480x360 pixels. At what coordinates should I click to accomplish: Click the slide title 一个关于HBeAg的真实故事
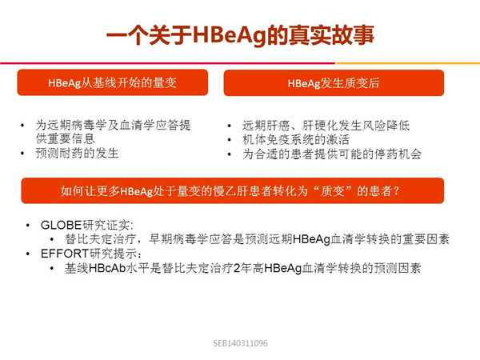click(x=240, y=35)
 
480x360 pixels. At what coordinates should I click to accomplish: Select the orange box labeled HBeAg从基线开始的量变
click(x=113, y=82)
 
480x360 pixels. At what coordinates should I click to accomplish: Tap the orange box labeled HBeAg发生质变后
click(x=334, y=83)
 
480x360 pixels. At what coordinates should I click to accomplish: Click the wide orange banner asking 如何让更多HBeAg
click(x=232, y=190)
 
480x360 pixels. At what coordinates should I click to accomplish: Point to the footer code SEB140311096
click(x=240, y=343)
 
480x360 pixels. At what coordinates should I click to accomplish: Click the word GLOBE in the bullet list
click(x=61, y=225)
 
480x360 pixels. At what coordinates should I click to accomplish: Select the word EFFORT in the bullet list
click(x=65, y=254)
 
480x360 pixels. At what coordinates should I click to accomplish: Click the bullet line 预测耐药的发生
click(x=77, y=153)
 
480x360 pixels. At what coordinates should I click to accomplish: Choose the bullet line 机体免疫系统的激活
click(x=296, y=139)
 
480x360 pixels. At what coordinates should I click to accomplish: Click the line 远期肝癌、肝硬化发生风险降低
click(x=326, y=126)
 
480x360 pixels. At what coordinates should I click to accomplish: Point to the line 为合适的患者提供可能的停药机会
click(x=332, y=154)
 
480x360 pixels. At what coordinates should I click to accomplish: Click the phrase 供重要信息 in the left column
click(x=66, y=138)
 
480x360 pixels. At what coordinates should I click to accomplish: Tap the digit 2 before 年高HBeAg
click(x=236, y=268)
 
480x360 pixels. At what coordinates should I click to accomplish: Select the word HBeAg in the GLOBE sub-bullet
click(x=312, y=239)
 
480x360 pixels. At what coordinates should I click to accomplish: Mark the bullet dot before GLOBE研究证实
click(x=28, y=226)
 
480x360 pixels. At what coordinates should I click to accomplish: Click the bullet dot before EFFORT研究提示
click(x=28, y=254)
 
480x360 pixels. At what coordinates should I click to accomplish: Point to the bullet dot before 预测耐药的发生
click(x=22, y=153)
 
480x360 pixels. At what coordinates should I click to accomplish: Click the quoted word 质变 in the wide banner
click(x=332, y=191)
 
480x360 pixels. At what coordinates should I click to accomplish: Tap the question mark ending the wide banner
click(x=397, y=191)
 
